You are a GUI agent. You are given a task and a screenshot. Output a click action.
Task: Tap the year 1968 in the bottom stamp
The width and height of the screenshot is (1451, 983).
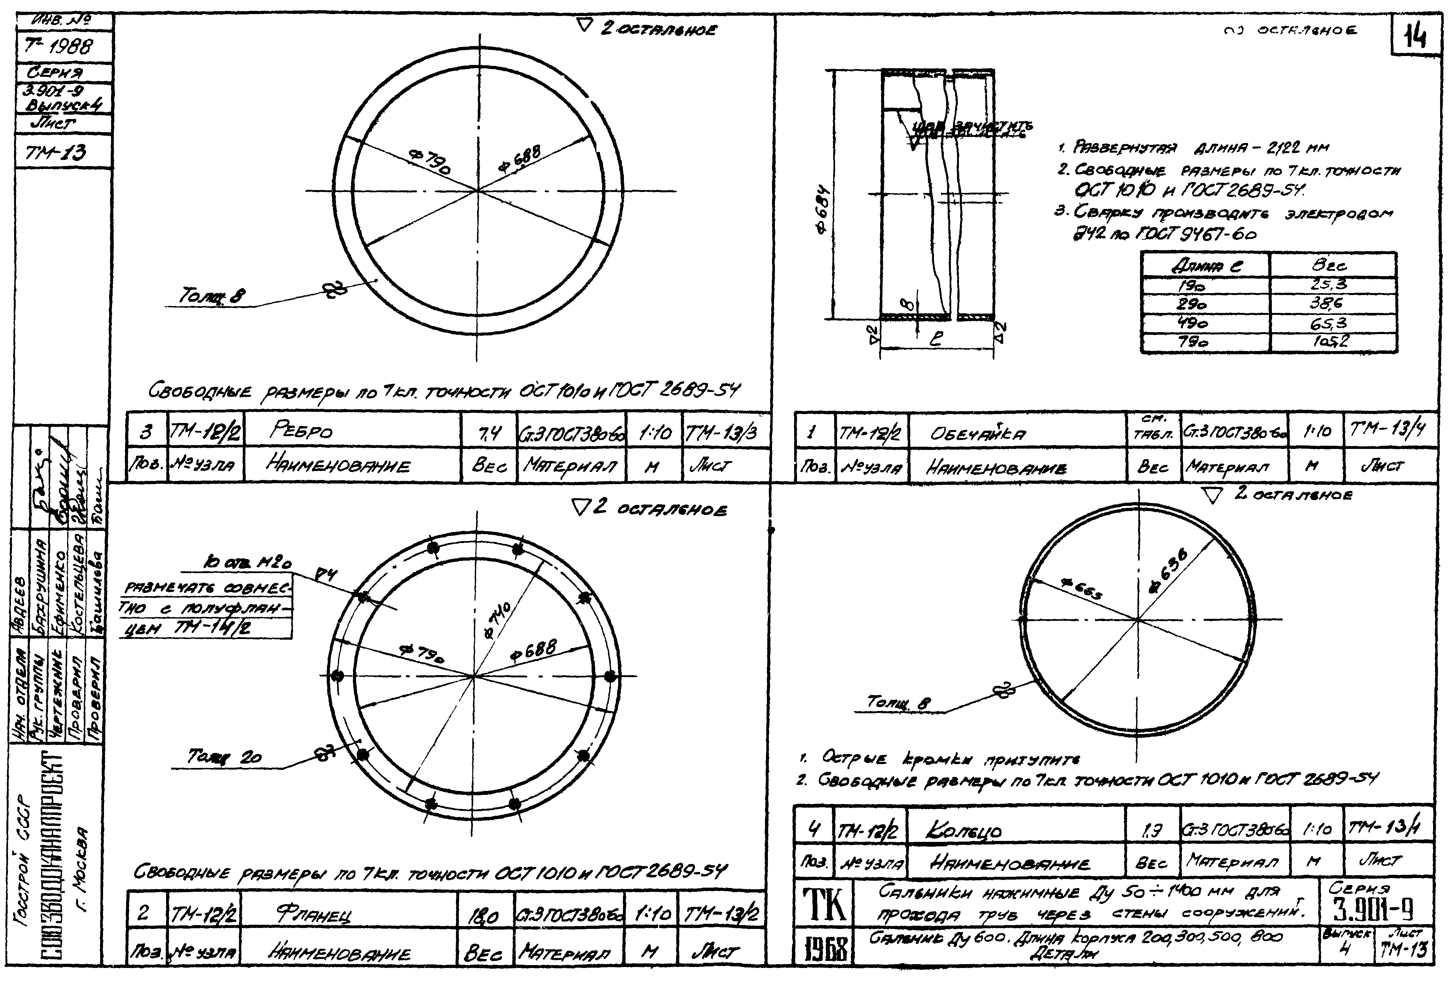824,950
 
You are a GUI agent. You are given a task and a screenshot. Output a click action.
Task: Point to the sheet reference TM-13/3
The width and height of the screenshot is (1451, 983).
721,432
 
